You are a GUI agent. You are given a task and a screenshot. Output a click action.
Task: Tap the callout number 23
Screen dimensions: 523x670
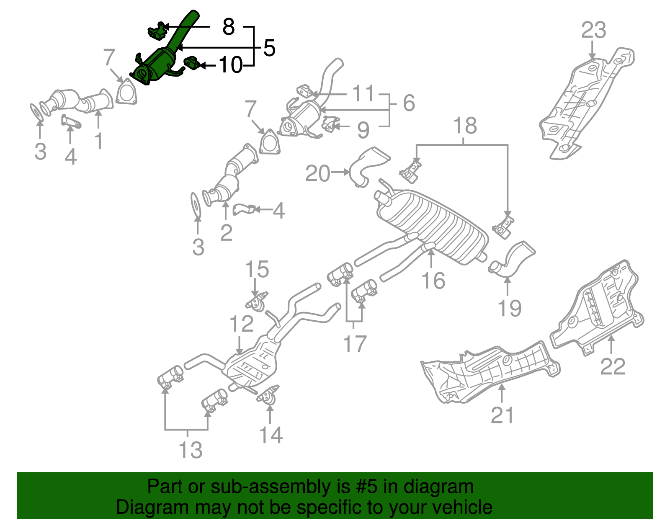pyautogui.click(x=593, y=30)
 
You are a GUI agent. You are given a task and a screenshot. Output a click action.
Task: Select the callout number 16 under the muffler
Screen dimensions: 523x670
pyautogui.click(x=433, y=281)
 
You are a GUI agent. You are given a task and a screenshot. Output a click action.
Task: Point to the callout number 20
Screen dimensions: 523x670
pyautogui.click(x=317, y=173)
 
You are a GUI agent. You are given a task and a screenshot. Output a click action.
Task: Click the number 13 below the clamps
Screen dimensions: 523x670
pyautogui.click(x=190, y=450)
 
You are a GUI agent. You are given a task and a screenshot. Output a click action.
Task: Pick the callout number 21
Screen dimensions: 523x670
pyautogui.click(x=502, y=415)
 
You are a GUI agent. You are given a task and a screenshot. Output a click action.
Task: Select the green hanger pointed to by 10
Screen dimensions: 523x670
pyautogui.click(x=192, y=63)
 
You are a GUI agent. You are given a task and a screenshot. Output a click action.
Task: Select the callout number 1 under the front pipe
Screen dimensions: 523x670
pyautogui.click(x=98, y=141)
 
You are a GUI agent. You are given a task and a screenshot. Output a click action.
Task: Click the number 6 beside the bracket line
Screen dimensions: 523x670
pyautogui.click(x=408, y=103)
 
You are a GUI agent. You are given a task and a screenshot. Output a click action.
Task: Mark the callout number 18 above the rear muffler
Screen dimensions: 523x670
pyautogui.click(x=464, y=126)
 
